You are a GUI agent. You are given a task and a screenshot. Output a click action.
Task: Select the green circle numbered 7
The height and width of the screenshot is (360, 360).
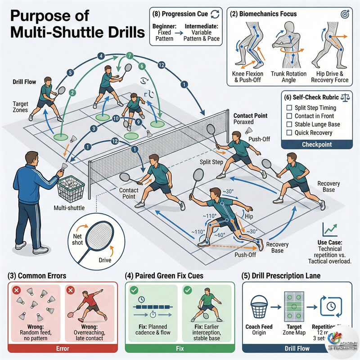[x=129, y=56]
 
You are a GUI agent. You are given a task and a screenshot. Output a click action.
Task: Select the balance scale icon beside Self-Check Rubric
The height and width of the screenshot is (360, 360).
[x=342, y=96]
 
